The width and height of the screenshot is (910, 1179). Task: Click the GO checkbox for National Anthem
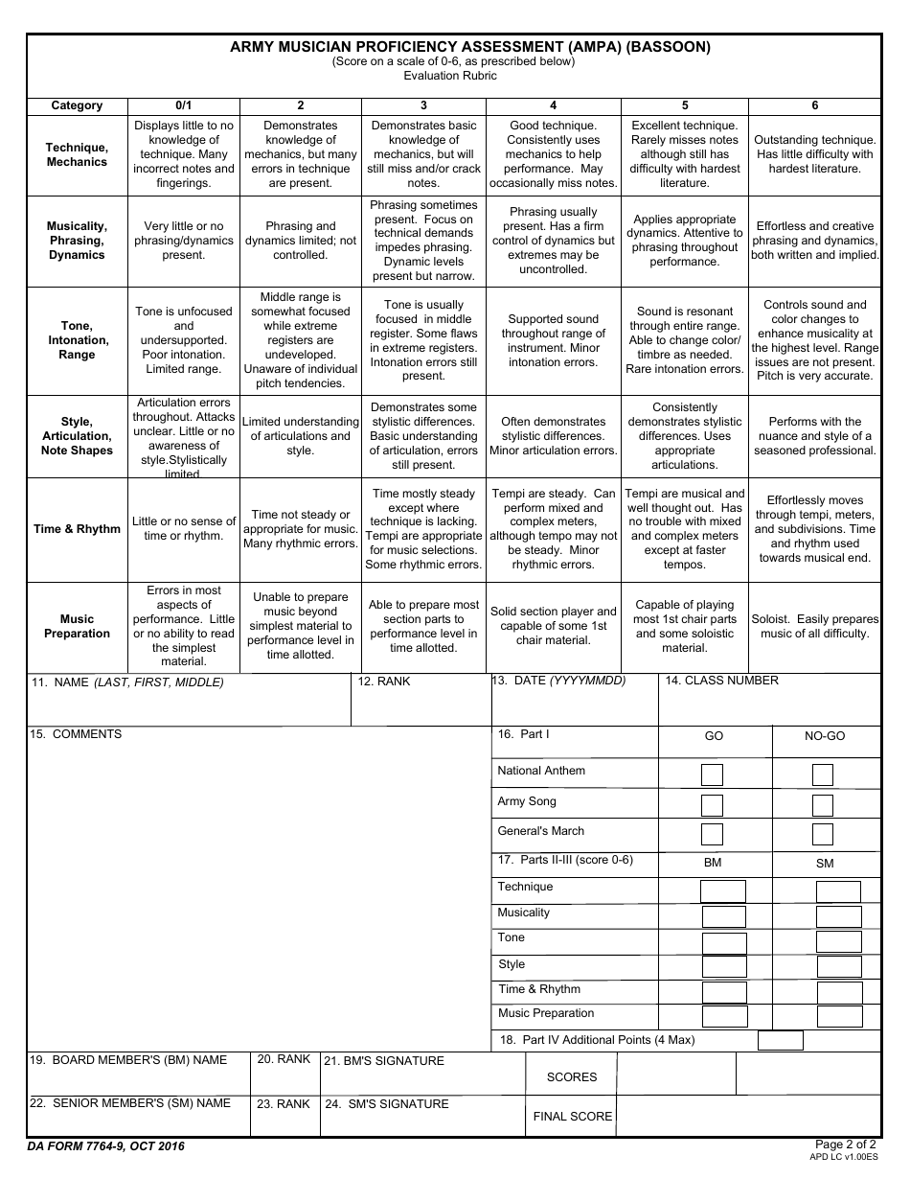(712, 774)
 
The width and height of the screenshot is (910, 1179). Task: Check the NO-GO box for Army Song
(822, 805)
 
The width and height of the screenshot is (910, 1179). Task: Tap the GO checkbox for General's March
(712, 834)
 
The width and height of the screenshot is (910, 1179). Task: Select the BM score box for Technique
(722, 891)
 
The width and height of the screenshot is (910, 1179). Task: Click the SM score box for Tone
(838, 941)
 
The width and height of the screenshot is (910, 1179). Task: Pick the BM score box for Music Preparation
(724, 1016)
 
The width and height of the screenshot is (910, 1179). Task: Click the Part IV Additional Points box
(780, 1040)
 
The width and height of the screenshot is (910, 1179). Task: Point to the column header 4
(553, 105)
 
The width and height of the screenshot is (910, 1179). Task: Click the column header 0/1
(183, 105)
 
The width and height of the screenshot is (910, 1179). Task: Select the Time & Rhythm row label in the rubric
(77, 529)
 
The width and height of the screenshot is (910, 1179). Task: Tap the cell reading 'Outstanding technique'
(814, 154)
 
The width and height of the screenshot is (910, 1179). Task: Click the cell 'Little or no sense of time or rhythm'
(183, 529)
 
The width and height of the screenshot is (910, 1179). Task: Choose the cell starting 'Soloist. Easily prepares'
(814, 627)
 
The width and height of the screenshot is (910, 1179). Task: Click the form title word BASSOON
(668, 46)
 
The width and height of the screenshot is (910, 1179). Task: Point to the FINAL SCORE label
(572, 1116)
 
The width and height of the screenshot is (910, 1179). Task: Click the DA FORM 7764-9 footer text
(105, 1146)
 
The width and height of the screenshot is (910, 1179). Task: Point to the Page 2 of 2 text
(844, 1144)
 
